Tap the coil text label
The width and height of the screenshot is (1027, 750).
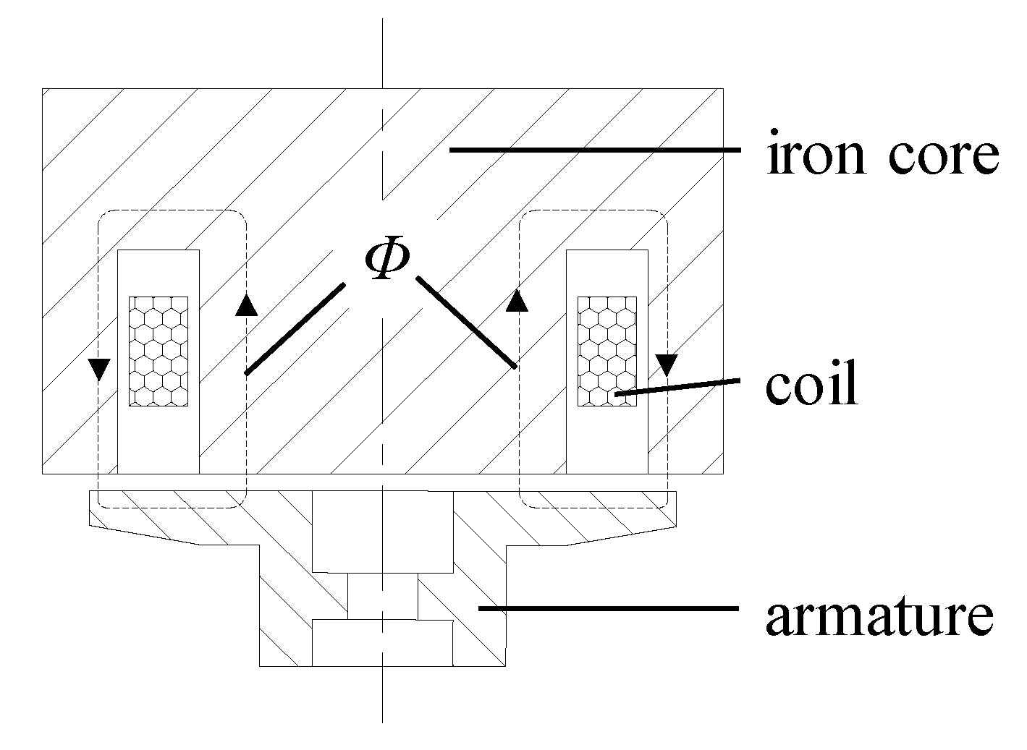[811, 385]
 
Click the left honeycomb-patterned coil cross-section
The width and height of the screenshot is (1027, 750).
[159, 351]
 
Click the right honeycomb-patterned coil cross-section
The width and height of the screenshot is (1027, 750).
[607, 351]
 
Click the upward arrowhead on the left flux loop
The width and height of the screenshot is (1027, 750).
[247, 305]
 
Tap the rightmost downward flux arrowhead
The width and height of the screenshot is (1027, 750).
[667, 363]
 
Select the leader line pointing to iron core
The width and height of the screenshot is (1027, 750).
[593, 150]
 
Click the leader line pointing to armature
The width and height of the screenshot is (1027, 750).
[608, 609]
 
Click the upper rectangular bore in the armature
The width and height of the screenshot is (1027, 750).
[382, 532]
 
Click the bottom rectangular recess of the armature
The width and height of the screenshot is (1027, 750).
[382, 642]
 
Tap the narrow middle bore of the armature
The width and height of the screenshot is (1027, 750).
[382, 596]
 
